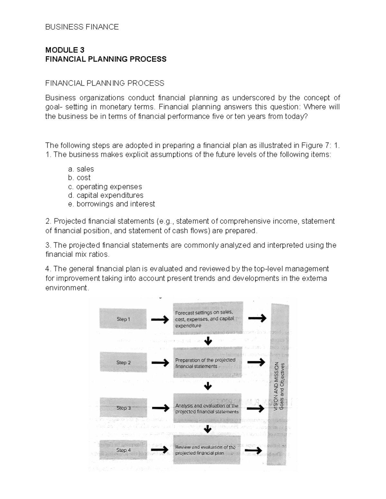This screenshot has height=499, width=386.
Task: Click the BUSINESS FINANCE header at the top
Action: pyautogui.click(x=82, y=27)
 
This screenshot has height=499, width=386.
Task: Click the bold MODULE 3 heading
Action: pyautogui.click(x=65, y=50)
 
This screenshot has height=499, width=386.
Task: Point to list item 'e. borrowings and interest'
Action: pyautogui.click(x=111, y=204)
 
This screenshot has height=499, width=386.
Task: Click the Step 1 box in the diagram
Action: pyautogui.click(x=123, y=319)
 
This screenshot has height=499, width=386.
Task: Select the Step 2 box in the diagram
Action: pyautogui.click(x=123, y=362)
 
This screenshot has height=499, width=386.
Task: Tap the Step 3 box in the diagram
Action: pyautogui.click(x=123, y=408)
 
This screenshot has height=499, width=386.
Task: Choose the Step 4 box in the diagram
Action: pyautogui.click(x=123, y=450)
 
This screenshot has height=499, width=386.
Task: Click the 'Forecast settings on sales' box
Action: pyautogui.click(x=207, y=318)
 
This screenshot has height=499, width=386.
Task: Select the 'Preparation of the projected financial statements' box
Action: pyautogui.click(x=207, y=363)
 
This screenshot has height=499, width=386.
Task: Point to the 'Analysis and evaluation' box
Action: pyautogui.click(x=207, y=409)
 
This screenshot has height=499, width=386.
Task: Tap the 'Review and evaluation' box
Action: pyautogui.click(x=207, y=450)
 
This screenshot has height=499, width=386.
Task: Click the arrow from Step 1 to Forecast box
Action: pyautogui.click(x=160, y=319)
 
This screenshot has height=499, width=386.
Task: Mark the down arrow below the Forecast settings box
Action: pyautogui.click(x=208, y=341)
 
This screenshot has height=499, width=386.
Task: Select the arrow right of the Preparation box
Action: pyautogui.click(x=257, y=362)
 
